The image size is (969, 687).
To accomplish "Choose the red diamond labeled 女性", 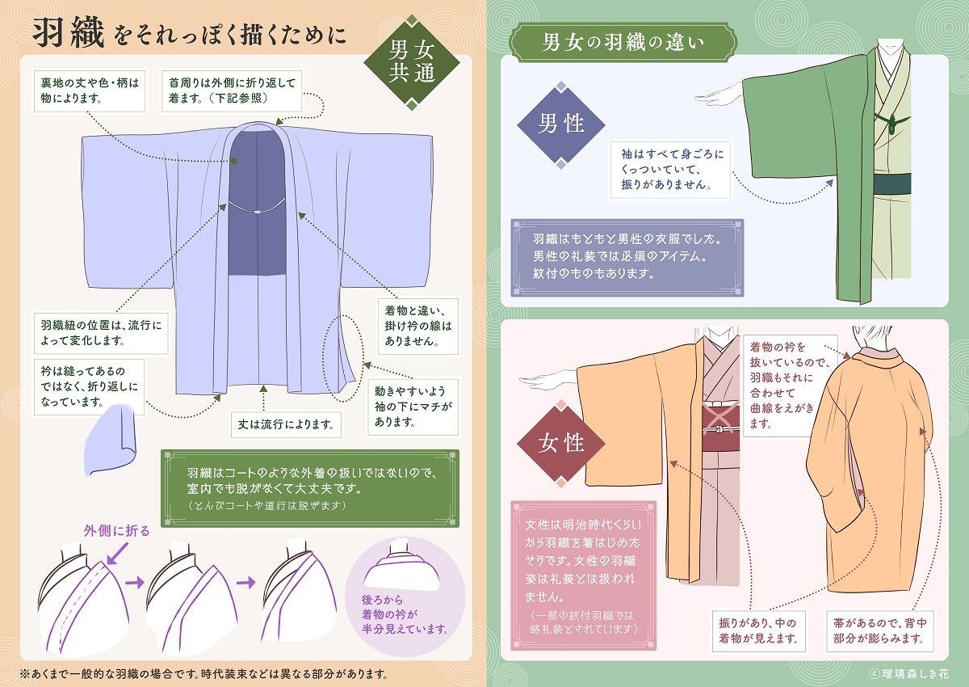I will [x=561, y=443].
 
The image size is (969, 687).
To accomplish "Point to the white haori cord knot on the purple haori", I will [x=256, y=213].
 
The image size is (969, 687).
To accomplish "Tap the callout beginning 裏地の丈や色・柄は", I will [x=89, y=90].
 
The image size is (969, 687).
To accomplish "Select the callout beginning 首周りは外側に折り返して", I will [x=233, y=90].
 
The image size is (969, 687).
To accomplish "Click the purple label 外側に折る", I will [x=116, y=531].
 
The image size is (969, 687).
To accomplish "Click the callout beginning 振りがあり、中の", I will [x=757, y=630].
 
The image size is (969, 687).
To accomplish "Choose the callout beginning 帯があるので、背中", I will [x=878, y=630].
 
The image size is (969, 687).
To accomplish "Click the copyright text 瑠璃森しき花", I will [x=912, y=672].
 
